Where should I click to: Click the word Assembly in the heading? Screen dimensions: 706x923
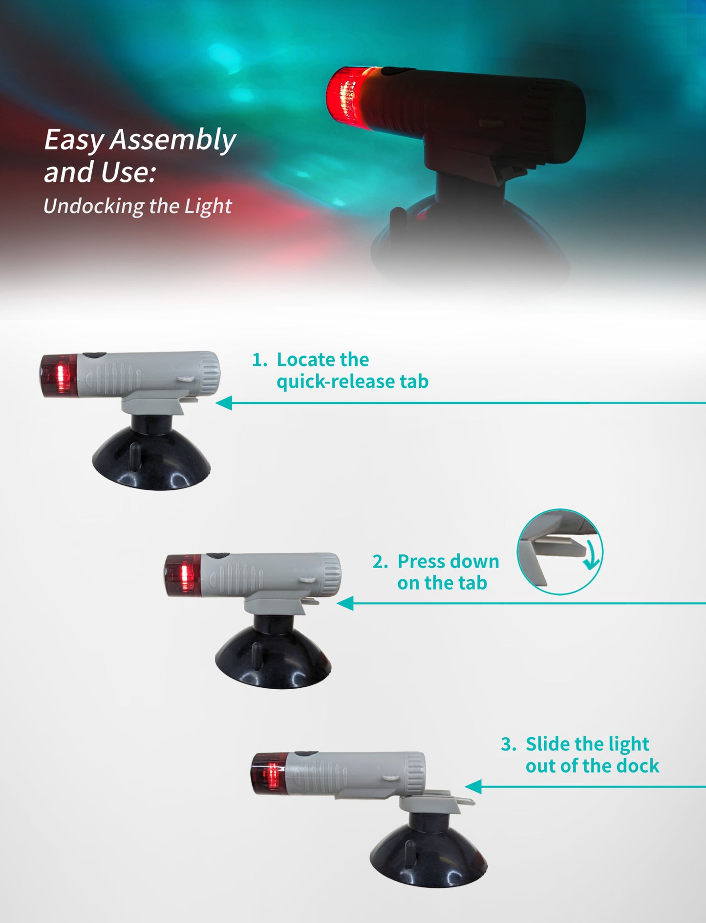pyautogui.click(x=173, y=140)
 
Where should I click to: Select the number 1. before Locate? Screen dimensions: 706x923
pyautogui.click(x=260, y=360)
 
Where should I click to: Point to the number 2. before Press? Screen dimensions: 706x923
pyautogui.click(x=381, y=562)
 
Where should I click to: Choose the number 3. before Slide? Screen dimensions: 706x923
pyautogui.click(x=509, y=745)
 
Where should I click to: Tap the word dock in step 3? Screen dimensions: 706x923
pyautogui.click(x=638, y=766)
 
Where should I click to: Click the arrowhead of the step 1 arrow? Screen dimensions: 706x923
pyautogui.click(x=224, y=403)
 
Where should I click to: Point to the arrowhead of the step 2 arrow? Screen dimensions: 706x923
pyautogui.click(x=345, y=604)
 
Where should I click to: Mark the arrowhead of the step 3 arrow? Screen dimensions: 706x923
pyautogui.click(x=473, y=787)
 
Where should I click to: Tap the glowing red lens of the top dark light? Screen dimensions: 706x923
pyautogui.click(x=347, y=98)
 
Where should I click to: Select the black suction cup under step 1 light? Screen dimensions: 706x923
pyautogui.click(x=151, y=460)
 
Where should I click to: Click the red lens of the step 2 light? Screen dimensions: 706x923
pyautogui.click(x=182, y=576)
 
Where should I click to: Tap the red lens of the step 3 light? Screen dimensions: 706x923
pyautogui.click(x=269, y=774)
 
